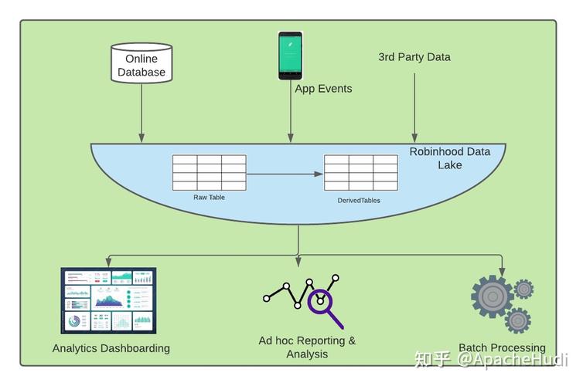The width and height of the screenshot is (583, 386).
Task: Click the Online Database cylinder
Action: coord(141,63)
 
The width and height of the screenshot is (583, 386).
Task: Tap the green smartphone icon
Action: coord(291,56)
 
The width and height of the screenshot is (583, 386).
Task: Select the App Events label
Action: coord(323,89)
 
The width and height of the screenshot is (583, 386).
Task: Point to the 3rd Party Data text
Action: coord(414,57)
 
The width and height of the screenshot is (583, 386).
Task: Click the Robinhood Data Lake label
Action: coord(450,158)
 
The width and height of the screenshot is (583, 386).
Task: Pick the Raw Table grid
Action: coord(210,173)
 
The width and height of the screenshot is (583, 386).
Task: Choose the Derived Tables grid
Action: coord(361,173)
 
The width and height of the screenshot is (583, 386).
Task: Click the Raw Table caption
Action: coord(209,198)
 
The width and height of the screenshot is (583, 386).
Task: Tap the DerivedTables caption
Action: coord(359,201)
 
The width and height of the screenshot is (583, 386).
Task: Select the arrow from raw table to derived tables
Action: coord(285,174)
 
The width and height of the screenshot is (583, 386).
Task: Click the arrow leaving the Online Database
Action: coord(141,113)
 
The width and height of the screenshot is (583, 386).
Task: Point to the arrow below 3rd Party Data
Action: coord(414,107)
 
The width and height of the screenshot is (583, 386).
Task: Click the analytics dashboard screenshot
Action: coord(108,300)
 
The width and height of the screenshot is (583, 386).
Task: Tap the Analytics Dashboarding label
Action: coord(111,348)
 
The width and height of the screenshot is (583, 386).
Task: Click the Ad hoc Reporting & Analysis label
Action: coord(307,347)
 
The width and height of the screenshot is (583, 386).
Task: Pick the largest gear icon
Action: coord(493,296)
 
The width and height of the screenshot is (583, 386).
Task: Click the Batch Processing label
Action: coord(502,347)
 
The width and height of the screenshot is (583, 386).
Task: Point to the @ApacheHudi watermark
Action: coord(513,360)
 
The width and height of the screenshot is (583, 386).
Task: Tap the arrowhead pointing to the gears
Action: coord(502,271)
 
